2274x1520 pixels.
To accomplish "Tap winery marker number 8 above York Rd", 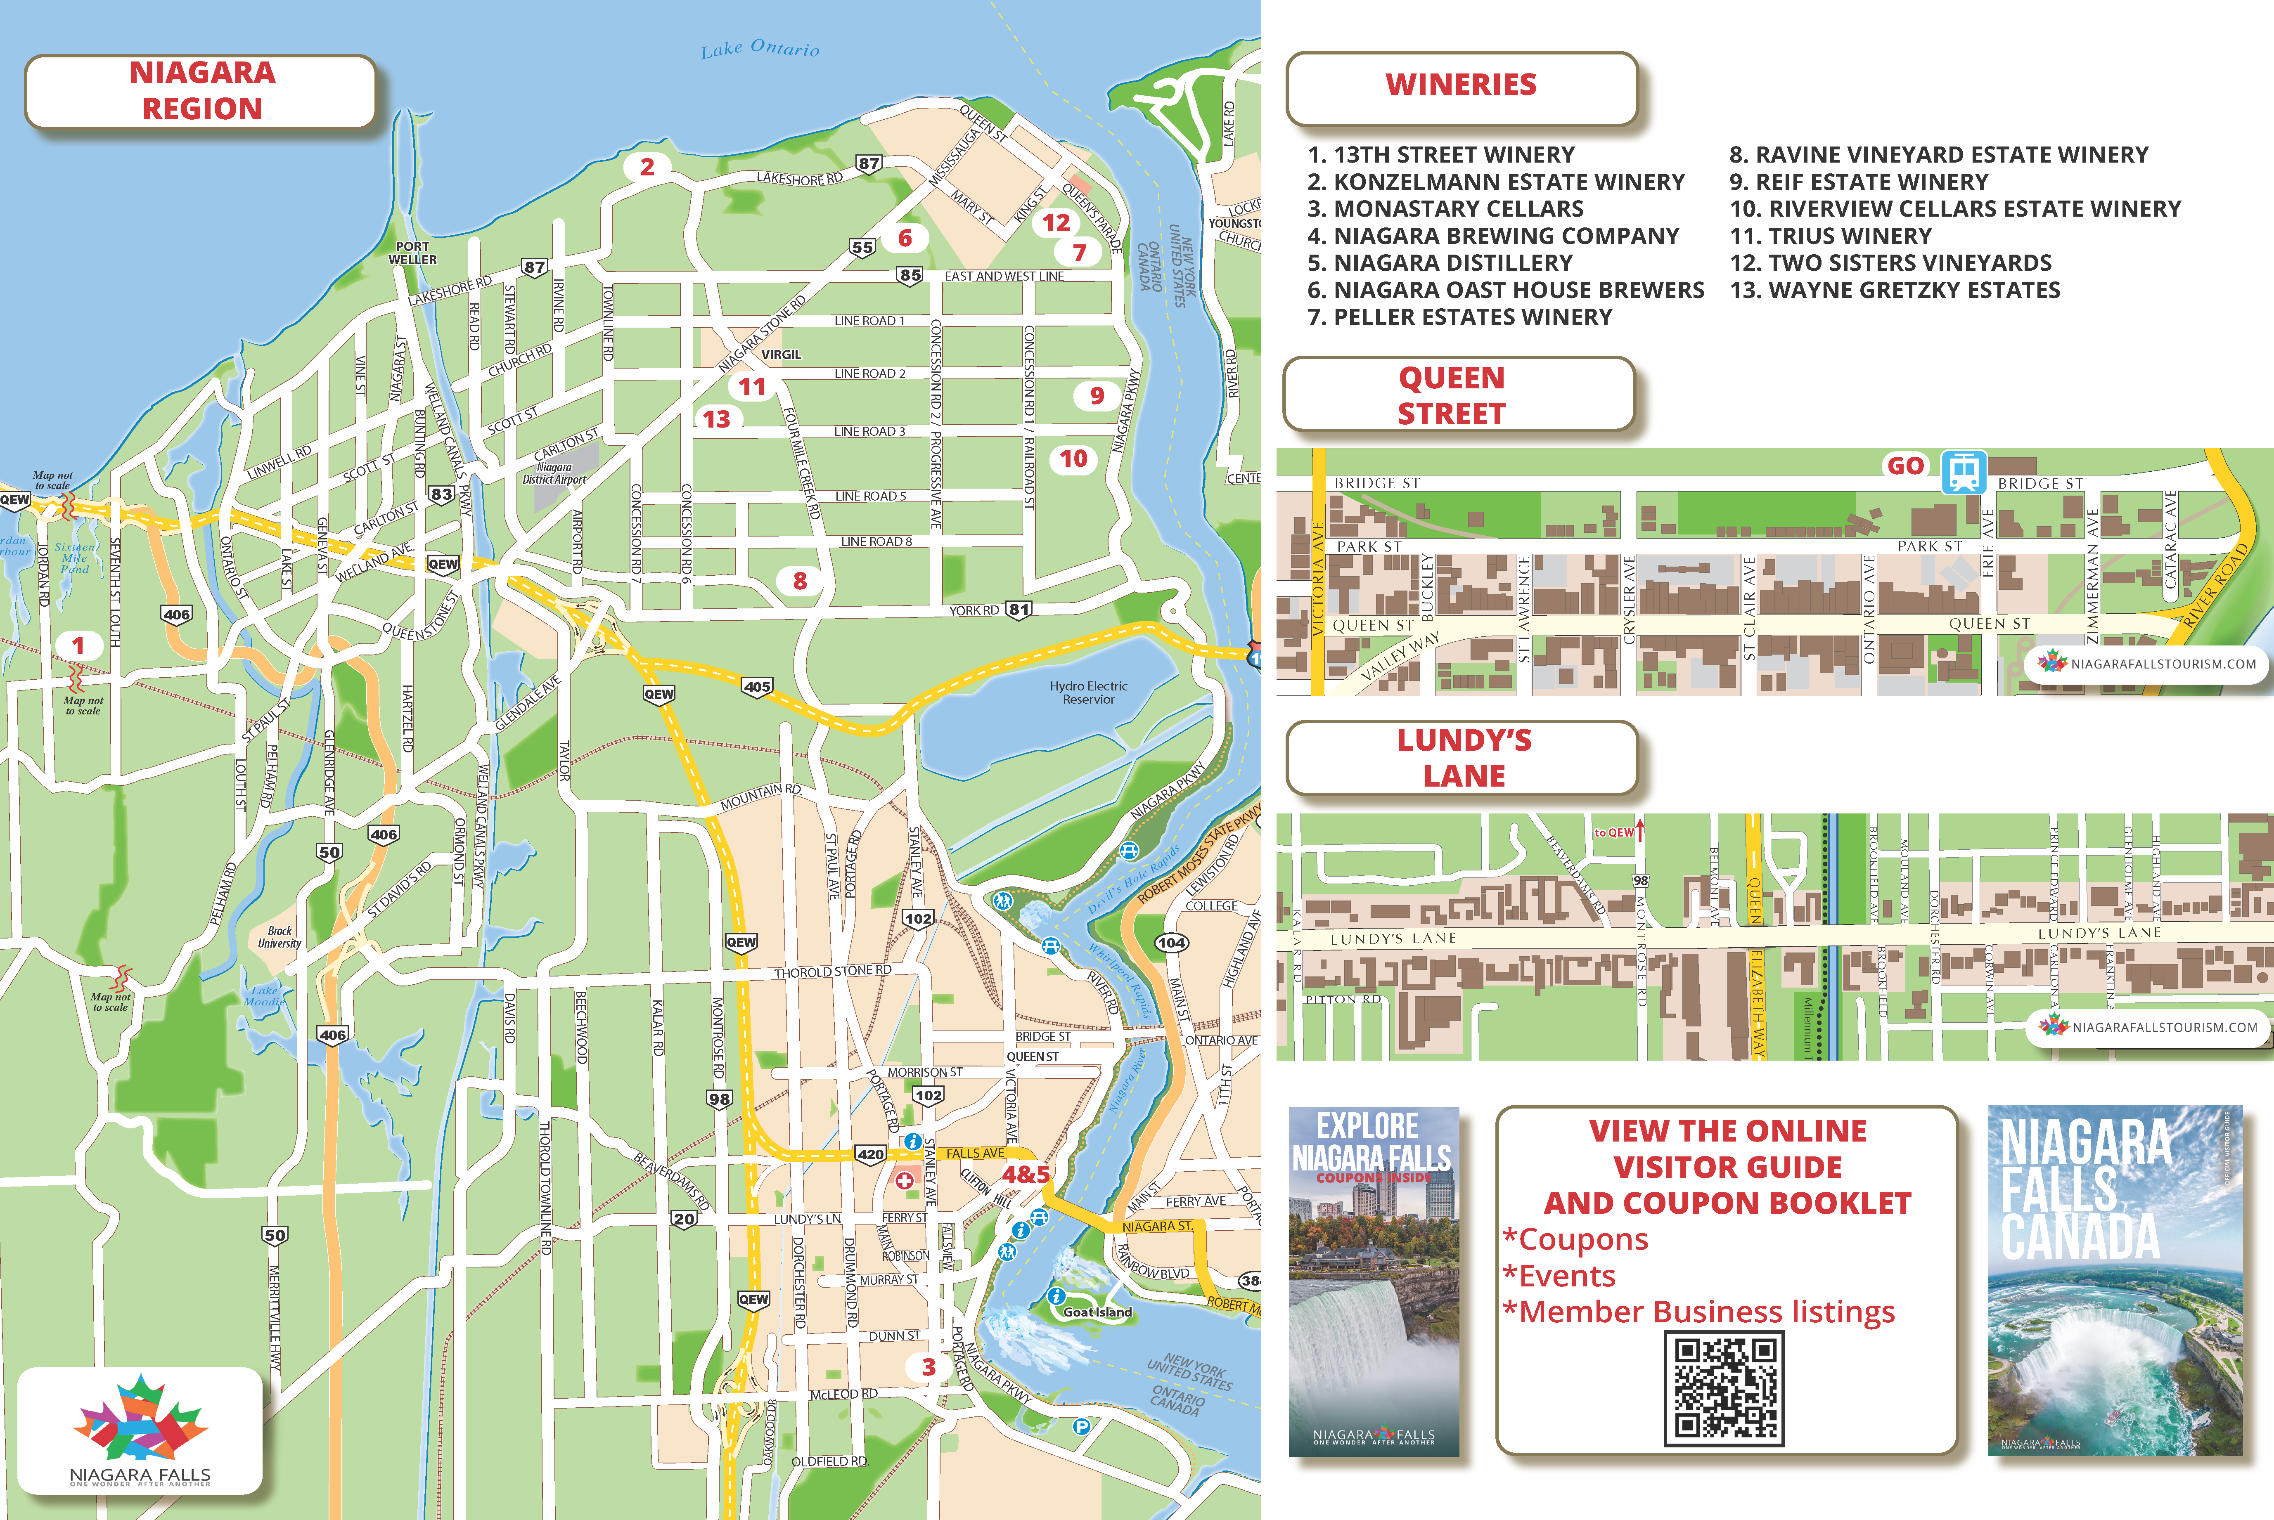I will coord(800,581).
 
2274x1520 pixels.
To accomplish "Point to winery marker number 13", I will coord(717,419).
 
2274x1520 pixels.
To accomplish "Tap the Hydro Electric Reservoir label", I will coord(1088,692).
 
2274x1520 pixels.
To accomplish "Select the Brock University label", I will coord(279,936).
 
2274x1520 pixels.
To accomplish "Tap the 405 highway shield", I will coord(757,686).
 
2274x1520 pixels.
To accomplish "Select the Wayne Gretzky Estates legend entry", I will coord(1895,290).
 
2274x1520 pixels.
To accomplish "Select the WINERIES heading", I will coord(1460,85).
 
